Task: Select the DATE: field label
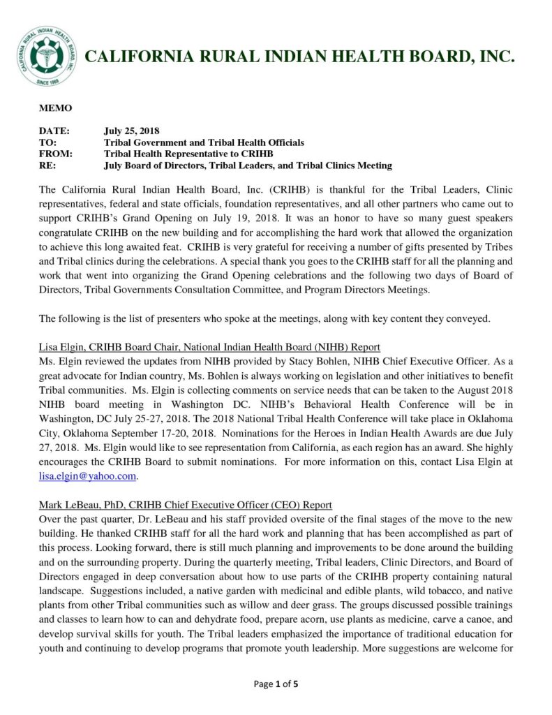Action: [54, 131]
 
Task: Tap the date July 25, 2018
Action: [132, 131]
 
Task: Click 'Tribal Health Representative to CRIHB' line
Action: [188, 154]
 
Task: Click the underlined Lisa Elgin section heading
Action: [209, 346]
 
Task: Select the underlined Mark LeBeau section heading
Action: [185, 505]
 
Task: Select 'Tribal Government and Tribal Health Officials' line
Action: [204, 142]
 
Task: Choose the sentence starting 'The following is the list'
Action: [265, 318]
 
